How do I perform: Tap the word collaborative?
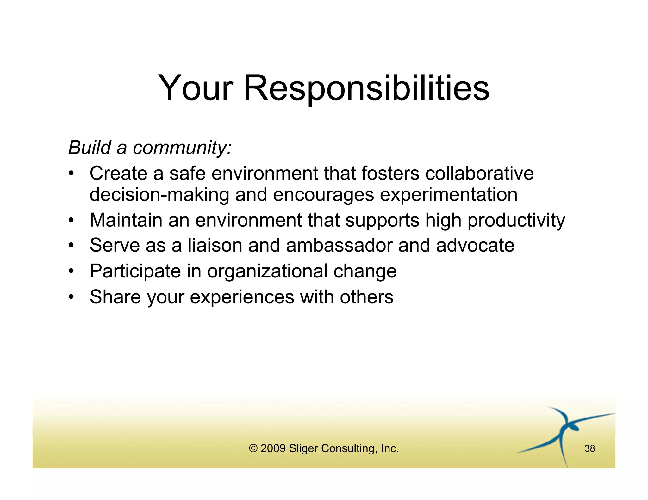tap(479, 173)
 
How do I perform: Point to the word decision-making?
tap(159, 195)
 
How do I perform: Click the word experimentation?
tap(448, 195)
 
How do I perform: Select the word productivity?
tap(516, 220)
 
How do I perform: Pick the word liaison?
tap(215, 245)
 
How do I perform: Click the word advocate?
tap(475, 245)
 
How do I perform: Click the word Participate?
tap(135, 271)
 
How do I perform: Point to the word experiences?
tap(242, 297)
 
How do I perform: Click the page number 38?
tap(589, 448)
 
